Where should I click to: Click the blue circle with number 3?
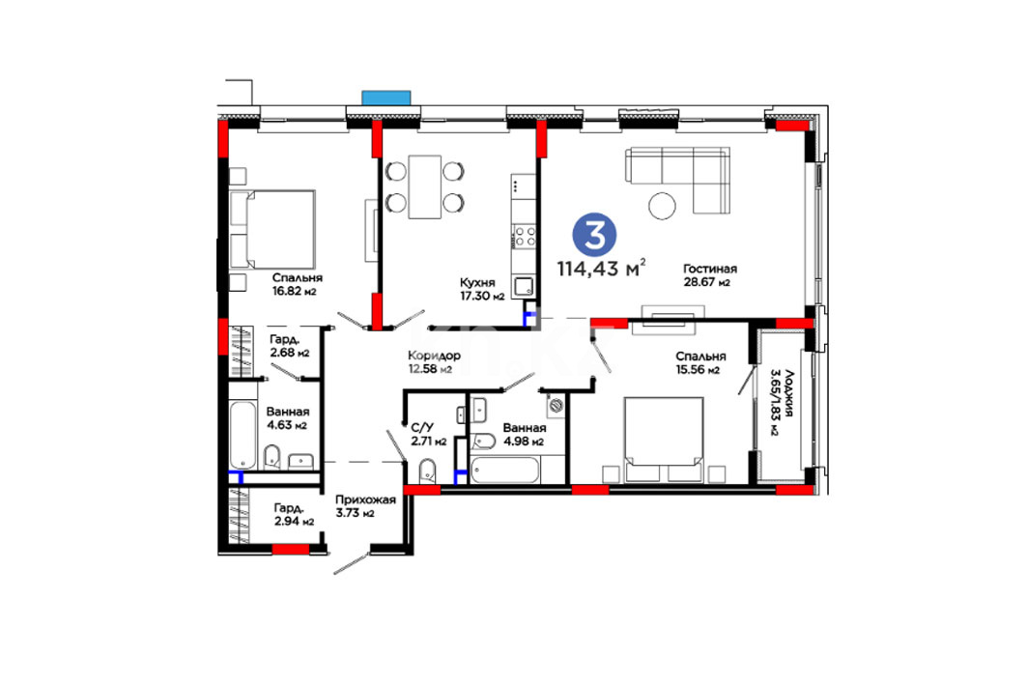[595, 235]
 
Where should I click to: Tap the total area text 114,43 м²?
[601, 269]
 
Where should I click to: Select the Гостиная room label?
[710, 269]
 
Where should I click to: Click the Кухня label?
[477, 282]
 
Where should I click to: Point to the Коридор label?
[434, 356]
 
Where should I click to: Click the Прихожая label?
[365, 499]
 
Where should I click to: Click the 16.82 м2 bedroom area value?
[295, 292]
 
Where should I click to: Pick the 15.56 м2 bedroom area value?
[699, 369]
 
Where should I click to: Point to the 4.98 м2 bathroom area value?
[524, 441]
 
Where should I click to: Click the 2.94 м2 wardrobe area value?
[294, 522]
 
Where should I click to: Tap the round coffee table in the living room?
[662, 206]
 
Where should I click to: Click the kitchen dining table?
[424, 186]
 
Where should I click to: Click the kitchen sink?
[524, 287]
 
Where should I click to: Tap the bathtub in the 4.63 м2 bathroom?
[242, 435]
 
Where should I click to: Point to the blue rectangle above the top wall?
[386, 99]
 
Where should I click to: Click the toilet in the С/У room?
[427, 471]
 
